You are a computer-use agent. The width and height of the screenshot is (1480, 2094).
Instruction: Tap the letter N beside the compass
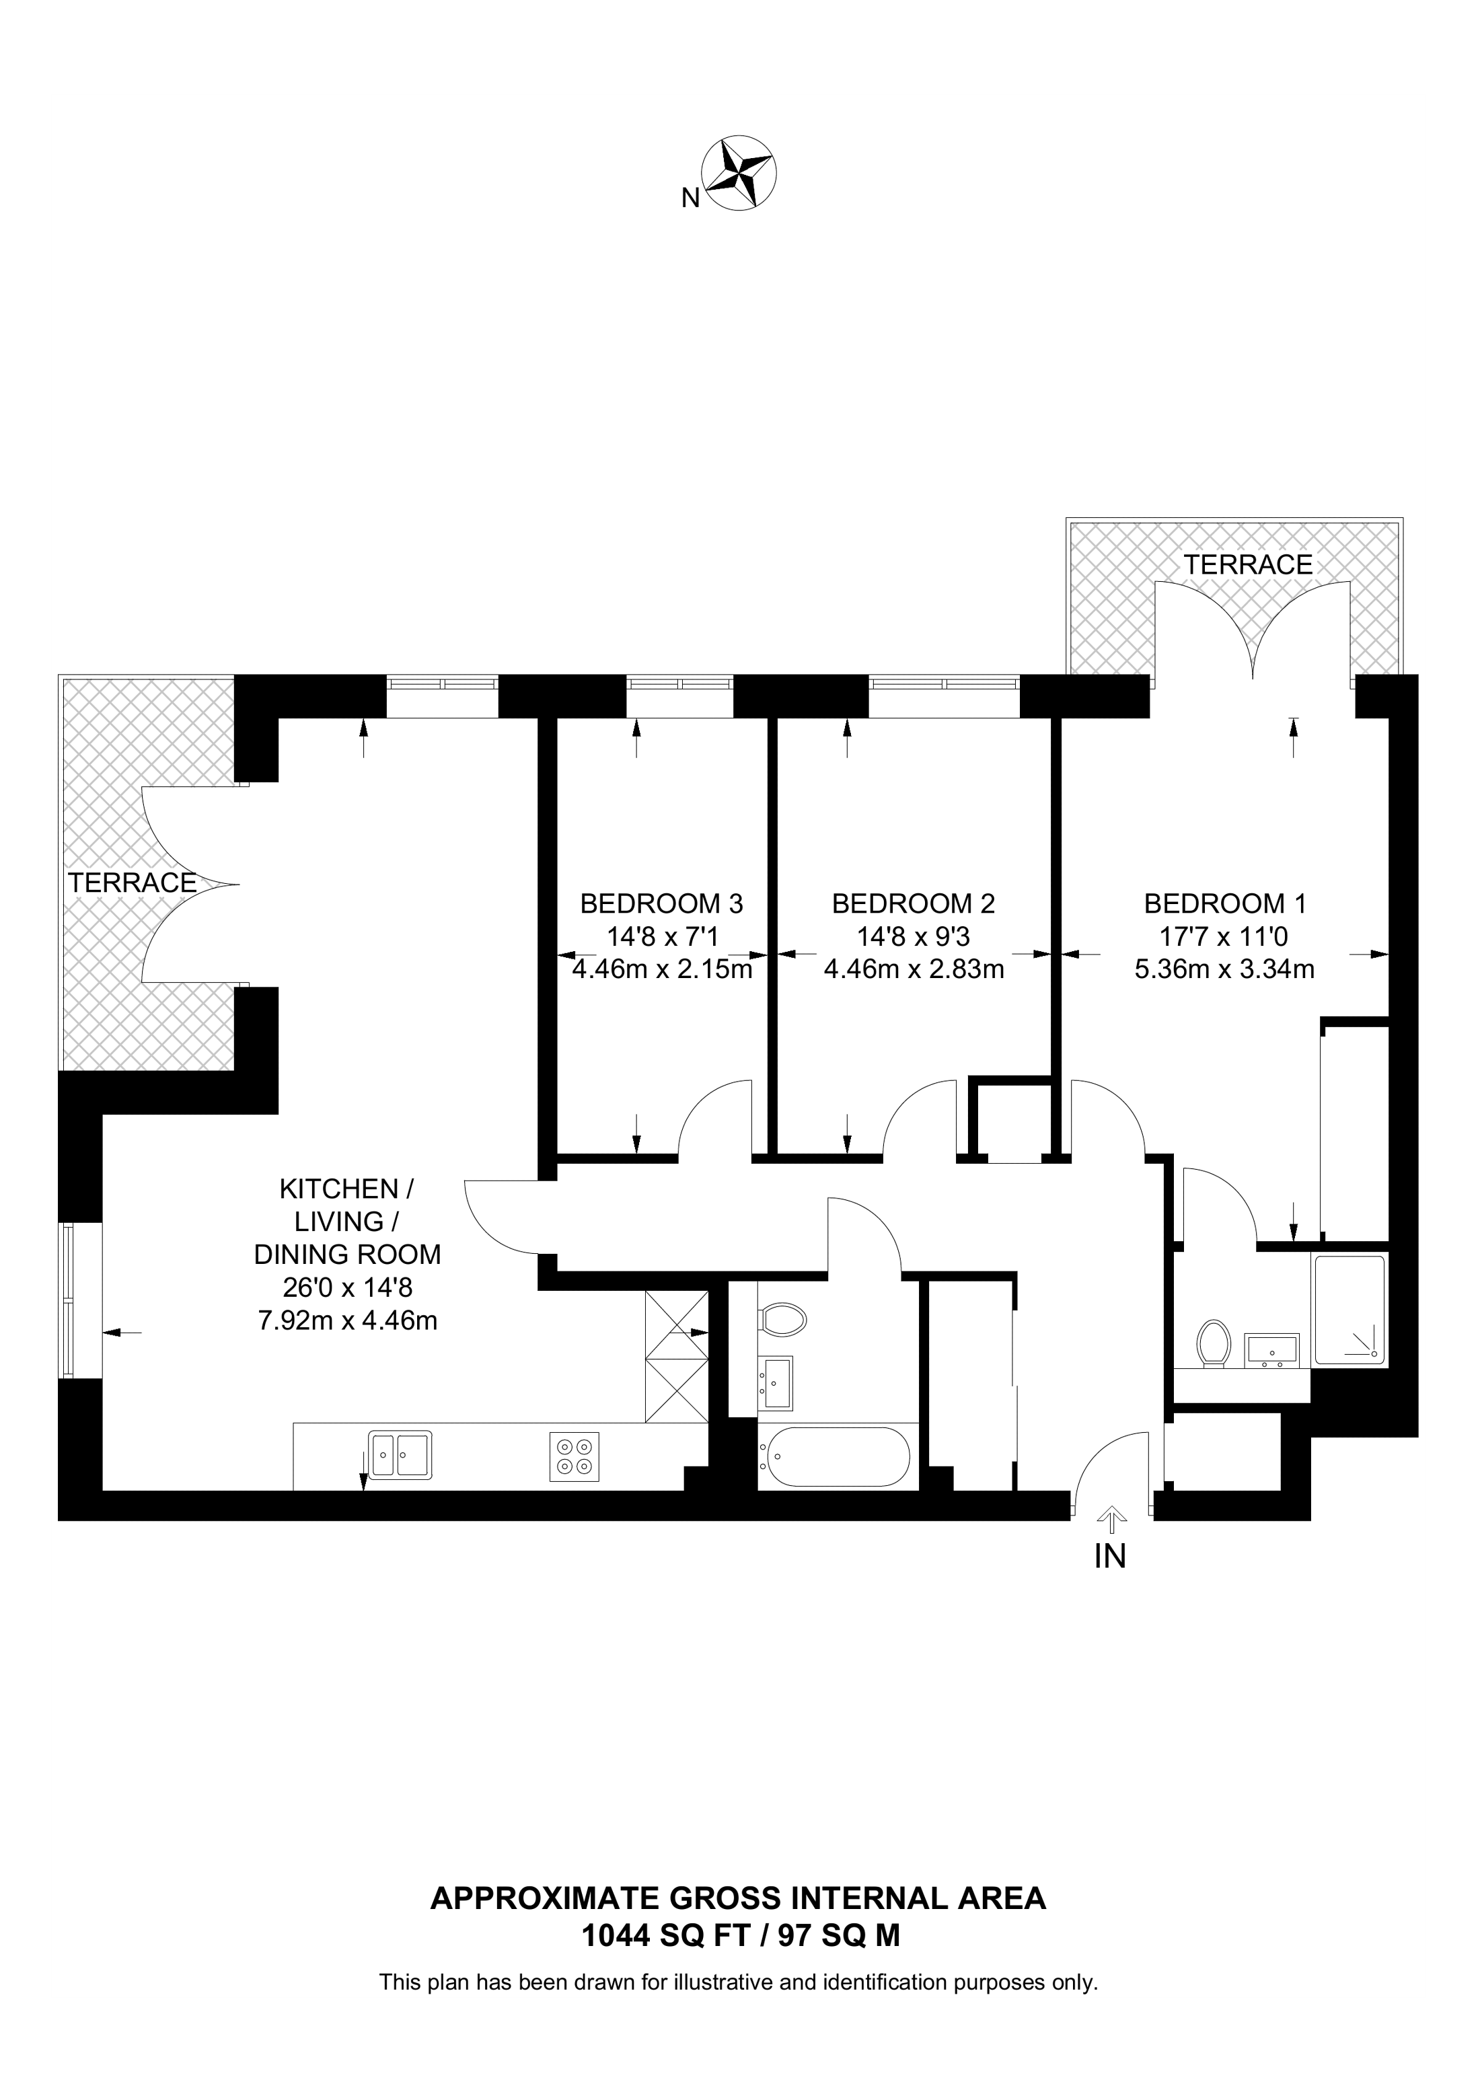pyautogui.click(x=690, y=198)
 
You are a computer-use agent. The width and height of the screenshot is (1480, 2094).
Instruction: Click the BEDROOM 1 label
pyautogui.click(x=1224, y=904)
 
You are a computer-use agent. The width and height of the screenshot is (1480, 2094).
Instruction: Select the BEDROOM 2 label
pyautogui.click(x=913, y=904)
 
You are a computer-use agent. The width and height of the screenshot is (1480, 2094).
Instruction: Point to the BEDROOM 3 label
pyautogui.click(x=661, y=904)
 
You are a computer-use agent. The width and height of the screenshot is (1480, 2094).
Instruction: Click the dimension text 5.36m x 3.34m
pyautogui.click(x=1224, y=969)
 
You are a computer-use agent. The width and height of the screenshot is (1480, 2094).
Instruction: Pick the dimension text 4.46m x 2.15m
pyautogui.click(x=661, y=969)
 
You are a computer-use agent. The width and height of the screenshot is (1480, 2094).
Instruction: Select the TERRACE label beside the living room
pyautogui.click(x=133, y=883)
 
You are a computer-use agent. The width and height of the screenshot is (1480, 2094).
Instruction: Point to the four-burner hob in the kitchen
pyautogui.click(x=575, y=1456)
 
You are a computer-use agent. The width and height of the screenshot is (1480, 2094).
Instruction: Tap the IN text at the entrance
pyautogui.click(x=1110, y=1556)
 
